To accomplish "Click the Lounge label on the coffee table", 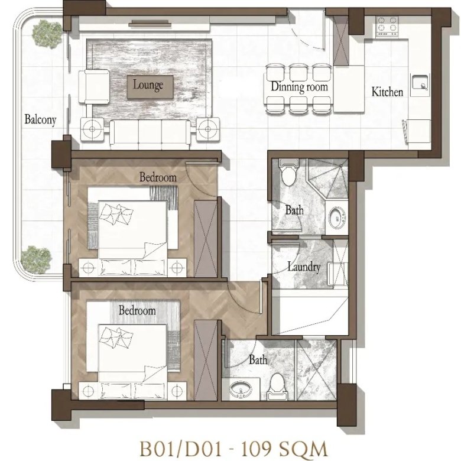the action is coord(148,85).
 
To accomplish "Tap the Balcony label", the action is coord(40,119).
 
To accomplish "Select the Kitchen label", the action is coord(387,92).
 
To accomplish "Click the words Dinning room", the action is coord(299,87).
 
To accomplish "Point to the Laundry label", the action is coord(304,267).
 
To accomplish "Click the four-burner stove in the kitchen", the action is coord(387,27).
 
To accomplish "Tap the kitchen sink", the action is coord(420,82).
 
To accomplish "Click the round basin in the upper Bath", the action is coord(337,217).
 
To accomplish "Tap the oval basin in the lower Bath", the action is coord(241,389).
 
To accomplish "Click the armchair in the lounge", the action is coord(94,87).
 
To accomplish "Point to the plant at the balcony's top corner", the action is coord(47,34).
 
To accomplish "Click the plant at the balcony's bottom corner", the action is coord(37,259).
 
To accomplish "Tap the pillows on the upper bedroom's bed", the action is coord(116,213).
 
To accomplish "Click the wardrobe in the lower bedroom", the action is coord(206,360).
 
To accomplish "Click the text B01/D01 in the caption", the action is coord(180,449).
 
